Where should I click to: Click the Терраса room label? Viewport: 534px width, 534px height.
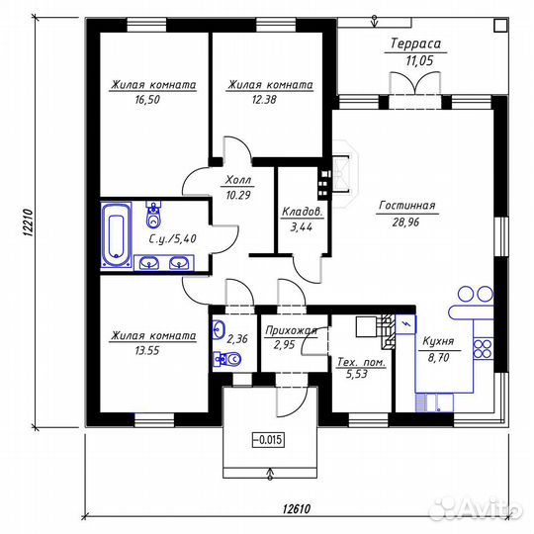tap(415, 44)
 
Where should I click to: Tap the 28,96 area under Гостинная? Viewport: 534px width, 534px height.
tap(406, 222)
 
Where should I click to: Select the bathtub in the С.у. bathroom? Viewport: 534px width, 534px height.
tap(116, 234)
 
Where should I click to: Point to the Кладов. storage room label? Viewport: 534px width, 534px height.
tap(303, 212)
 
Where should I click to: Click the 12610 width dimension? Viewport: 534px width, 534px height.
tap(297, 509)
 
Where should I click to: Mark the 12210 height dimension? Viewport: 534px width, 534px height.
tap(28, 222)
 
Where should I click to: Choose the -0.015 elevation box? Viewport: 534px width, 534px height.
tap(268, 440)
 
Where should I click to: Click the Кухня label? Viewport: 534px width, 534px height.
tap(438, 341)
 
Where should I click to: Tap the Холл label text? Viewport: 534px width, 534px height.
tap(238, 179)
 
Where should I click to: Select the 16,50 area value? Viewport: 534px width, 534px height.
tap(147, 100)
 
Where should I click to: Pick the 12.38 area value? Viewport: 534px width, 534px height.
tap(264, 100)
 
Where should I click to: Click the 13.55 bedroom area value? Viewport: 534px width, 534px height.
tap(147, 350)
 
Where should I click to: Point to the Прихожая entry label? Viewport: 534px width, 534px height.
tap(291, 330)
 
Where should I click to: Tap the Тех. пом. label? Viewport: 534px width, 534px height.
tap(361, 362)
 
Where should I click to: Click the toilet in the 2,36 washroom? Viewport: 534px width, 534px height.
tap(227, 359)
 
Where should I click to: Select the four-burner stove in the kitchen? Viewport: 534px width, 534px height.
tap(484, 348)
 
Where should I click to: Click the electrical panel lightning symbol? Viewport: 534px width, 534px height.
tap(406, 324)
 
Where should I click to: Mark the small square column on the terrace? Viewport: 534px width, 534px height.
tap(500, 25)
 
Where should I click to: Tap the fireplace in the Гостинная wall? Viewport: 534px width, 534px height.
tap(345, 174)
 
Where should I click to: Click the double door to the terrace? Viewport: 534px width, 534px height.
tap(415, 83)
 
